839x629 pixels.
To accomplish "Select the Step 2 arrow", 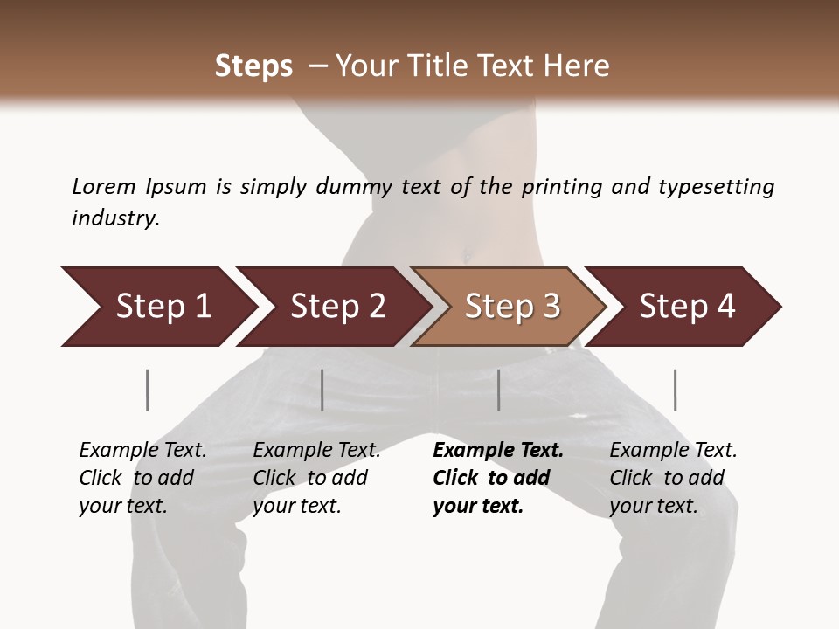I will pos(337,307).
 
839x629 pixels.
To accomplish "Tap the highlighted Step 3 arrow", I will pos(512,307).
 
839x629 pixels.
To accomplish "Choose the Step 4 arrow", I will pos(687,307).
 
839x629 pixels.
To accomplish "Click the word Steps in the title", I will pos(253,66).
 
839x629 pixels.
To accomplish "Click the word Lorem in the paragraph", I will pos(103,187).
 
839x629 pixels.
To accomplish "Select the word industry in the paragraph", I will pos(114,218).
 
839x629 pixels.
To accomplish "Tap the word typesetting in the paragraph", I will pos(716,187).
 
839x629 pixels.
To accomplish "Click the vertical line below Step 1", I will pos(148,390).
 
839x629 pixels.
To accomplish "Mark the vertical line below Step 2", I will pos(322,390).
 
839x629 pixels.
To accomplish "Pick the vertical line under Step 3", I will pos(499,390).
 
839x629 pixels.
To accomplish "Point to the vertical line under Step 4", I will pos(675,390).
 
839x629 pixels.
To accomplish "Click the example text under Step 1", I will pos(142,478).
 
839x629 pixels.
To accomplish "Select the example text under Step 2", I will pos(316,478).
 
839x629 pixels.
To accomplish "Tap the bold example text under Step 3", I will pos(498,478).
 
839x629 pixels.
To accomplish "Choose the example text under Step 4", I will pos(673,478).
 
